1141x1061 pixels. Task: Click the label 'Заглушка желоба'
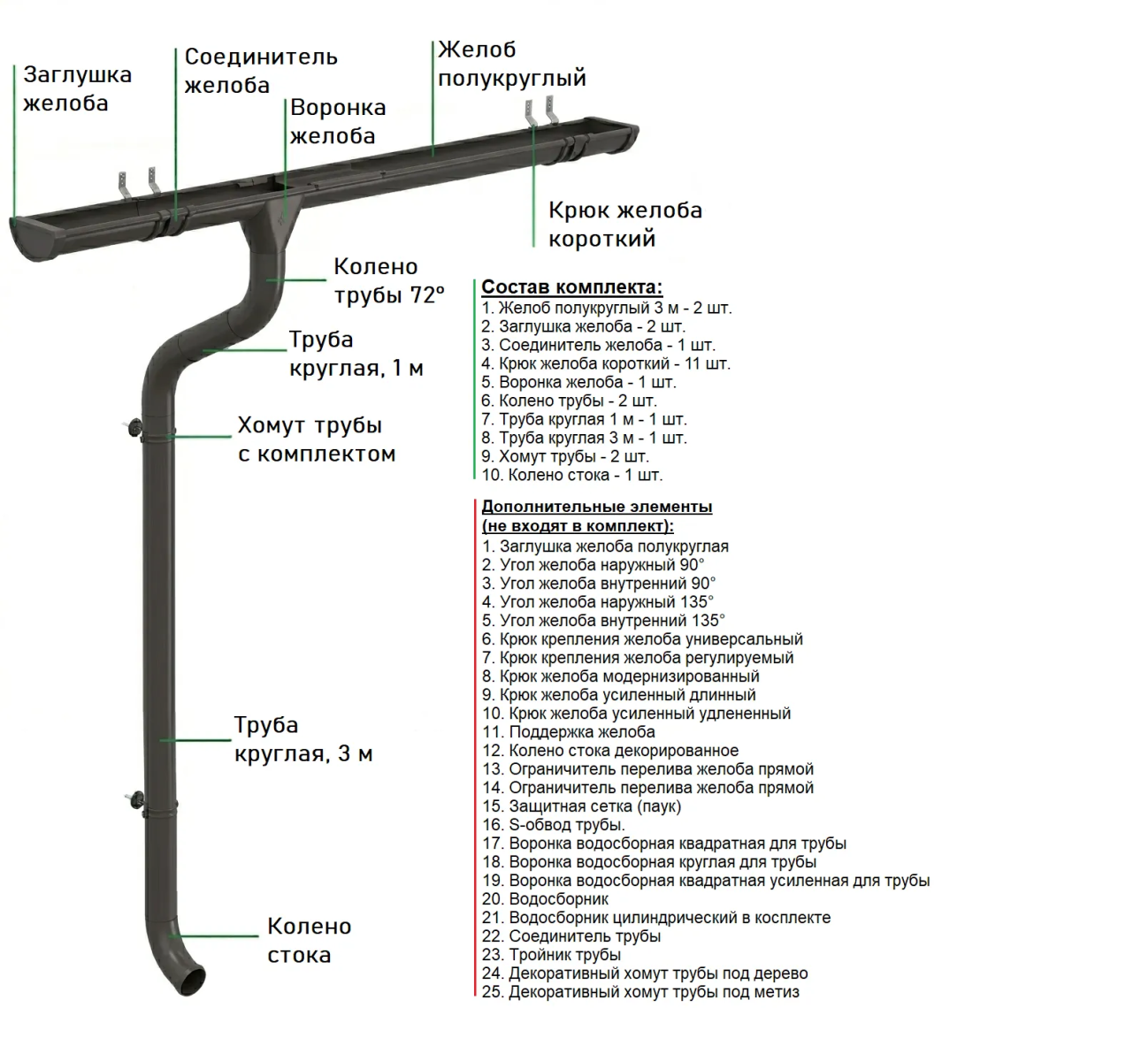[x=77, y=88]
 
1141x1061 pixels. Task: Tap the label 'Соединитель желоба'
[x=260, y=71]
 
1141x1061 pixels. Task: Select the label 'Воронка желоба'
[x=337, y=121]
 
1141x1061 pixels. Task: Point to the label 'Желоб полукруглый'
[x=511, y=64]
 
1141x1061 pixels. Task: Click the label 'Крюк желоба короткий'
[x=624, y=224]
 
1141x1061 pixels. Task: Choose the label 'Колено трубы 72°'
[x=388, y=280]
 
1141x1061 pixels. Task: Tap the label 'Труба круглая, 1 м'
[x=356, y=354]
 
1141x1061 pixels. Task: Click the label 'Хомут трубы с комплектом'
[x=316, y=439]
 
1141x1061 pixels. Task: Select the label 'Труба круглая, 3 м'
[x=302, y=739]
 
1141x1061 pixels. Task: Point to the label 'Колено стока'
[x=309, y=940]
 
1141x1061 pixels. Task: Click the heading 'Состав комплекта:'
[x=571, y=287]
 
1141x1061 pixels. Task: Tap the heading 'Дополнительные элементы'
[x=596, y=507]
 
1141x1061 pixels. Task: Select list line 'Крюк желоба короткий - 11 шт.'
[x=606, y=363]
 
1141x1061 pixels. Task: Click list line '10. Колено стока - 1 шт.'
[x=571, y=475]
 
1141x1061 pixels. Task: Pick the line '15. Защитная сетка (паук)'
[x=581, y=806]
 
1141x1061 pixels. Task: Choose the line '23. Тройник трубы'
[x=551, y=955]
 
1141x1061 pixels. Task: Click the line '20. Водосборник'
[x=545, y=899]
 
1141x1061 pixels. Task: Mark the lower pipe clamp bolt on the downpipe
[x=134, y=799]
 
